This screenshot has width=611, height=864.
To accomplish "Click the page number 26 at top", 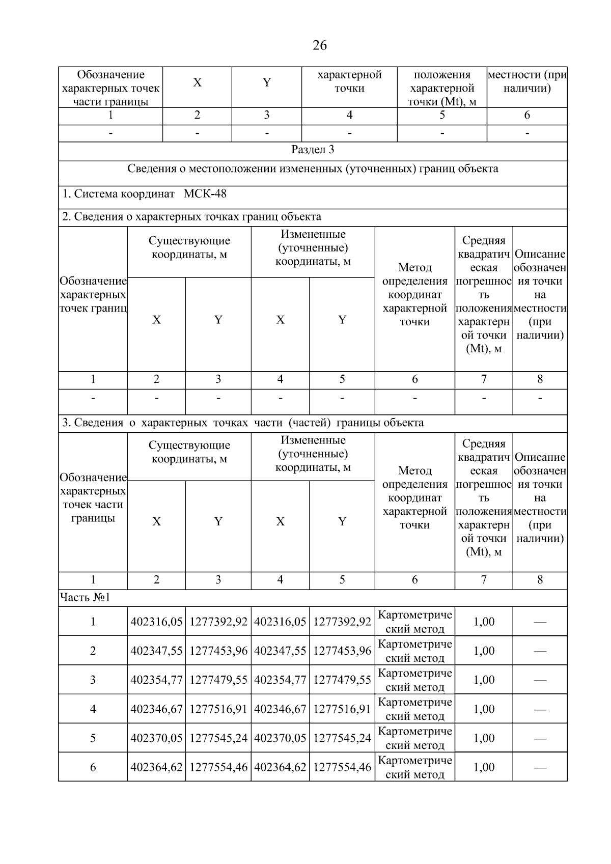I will point(319,46).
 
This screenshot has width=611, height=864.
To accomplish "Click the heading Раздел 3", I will point(313,150).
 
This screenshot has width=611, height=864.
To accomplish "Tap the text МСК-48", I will point(205,194).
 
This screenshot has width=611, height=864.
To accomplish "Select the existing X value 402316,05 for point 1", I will point(156,622).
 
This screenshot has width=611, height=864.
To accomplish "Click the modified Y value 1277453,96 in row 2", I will point(342,651).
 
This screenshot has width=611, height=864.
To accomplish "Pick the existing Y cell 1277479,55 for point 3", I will point(218,680).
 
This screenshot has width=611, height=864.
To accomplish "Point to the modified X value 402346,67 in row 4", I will point(280,709).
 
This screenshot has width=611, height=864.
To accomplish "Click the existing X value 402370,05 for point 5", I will point(156,738).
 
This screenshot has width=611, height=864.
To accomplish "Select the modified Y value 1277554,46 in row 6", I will point(342,767).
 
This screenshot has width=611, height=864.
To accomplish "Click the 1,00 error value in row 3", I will point(484,680).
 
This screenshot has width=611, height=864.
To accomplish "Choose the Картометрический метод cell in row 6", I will point(415,767).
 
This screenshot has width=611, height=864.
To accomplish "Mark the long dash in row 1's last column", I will point(540,622).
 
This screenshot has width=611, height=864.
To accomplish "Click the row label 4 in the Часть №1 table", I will point(93,709).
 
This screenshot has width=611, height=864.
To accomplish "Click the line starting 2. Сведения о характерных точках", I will point(191,217).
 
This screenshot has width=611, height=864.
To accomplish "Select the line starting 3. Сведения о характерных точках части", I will point(242,423).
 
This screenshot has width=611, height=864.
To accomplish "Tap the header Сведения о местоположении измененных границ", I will point(313,169).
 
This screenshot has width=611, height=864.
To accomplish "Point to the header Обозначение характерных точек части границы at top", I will point(110,88).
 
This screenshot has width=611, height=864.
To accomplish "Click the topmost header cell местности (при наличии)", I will point(527,81).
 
